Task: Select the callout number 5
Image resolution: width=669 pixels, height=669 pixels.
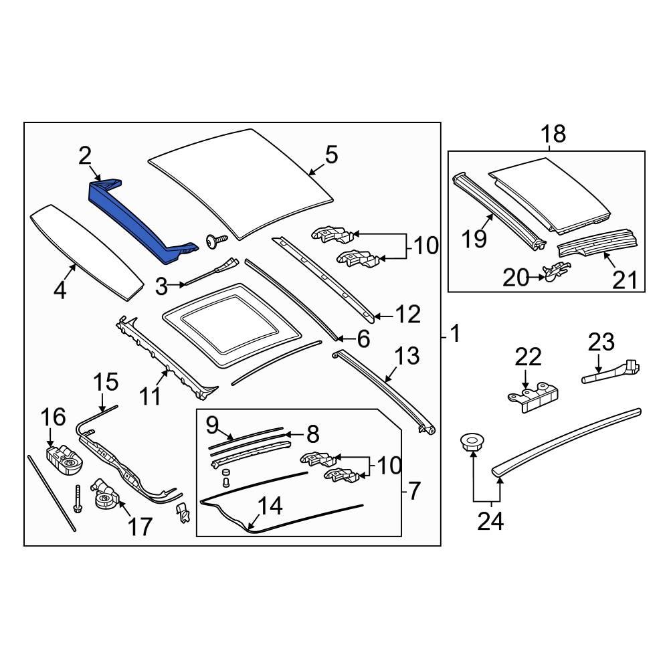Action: [331, 155]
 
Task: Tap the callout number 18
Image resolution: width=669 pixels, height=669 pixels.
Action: [554, 134]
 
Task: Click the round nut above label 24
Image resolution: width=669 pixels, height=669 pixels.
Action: [472, 442]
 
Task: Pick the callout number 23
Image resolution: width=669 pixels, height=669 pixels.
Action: [601, 343]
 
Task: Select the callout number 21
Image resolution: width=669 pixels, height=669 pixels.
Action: [626, 279]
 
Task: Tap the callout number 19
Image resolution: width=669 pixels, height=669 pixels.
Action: [474, 238]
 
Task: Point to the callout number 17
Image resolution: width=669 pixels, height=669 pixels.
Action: [140, 527]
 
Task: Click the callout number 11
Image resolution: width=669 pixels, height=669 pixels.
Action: [151, 396]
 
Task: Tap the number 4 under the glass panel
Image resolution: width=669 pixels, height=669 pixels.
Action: [60, 292]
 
